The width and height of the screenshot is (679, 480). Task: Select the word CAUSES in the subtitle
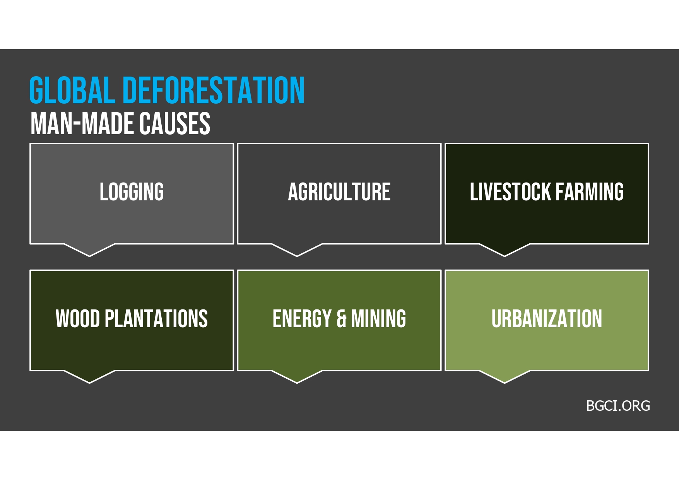174,124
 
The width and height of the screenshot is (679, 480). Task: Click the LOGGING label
132,192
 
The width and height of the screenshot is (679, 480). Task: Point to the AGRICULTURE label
339,192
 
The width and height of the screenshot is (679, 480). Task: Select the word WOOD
78,319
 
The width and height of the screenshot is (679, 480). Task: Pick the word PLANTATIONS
156,319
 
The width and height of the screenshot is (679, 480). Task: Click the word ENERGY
302,319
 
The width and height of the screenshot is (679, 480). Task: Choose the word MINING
378,319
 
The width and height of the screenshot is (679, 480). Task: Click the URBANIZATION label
547,319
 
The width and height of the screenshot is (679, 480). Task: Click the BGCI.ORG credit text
618,406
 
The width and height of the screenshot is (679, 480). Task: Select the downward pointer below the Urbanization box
505,377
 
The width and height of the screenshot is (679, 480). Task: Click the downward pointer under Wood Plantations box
89,377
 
